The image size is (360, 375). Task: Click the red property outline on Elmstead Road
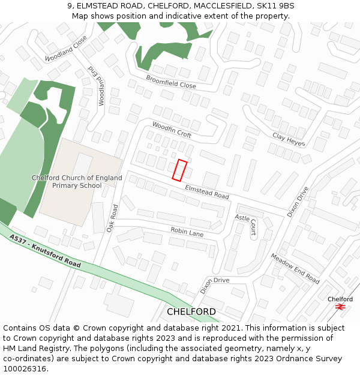click(x=180, y=170)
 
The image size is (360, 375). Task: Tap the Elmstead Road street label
click(x=207, y=192)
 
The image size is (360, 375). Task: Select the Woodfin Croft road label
click(x=172, y=129)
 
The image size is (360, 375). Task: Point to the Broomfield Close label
click(x=170, y=82)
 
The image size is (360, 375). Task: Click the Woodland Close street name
click(x=66, y=48)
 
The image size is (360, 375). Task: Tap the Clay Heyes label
click(x=289, y=140)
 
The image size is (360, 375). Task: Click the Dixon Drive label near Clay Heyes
click(x=298, y=201)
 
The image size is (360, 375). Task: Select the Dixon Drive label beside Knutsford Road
click(x=215, y=284)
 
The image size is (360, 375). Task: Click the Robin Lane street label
click(x=187, y=232)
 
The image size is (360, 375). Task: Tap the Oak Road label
click(x=112, y=218)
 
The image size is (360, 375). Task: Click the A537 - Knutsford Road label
click(x=45, y=250)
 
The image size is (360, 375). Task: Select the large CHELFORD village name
click(x=191, y=312)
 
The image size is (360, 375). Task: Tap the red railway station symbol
click(x=341, y=307)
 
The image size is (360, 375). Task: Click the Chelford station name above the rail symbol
click(x=340, y=299)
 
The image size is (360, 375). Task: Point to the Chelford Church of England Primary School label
click(x=77, y=182)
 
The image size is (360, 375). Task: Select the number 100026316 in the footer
click(x=25, y=369)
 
